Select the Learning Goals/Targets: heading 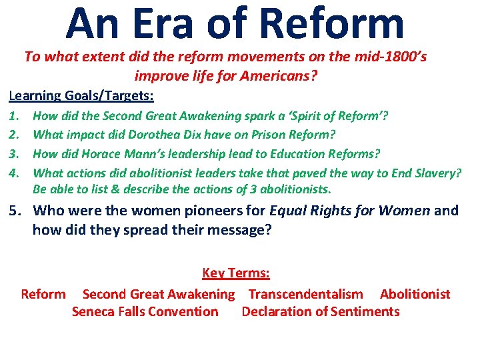81,97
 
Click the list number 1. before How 13,116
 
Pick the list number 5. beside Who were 15,211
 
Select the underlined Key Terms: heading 235,273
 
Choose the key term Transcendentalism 305,294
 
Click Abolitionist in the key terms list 415,294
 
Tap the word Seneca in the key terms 97,311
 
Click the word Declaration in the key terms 276,311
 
